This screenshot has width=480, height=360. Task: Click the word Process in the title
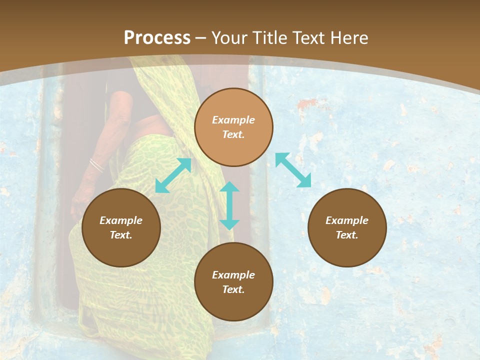[x=157, y=37]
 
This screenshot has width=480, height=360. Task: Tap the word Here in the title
[x=346, y=37]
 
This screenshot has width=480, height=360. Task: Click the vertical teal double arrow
[x=229, y=205]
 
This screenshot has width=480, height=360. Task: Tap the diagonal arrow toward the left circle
[x=173, y=175]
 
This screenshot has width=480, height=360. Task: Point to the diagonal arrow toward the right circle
[x=293, y=170]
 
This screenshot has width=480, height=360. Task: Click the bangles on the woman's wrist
[x=96, y=164]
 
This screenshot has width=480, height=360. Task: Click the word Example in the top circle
[x=233, y=120]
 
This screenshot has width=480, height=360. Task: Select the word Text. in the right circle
[x=347, y=235]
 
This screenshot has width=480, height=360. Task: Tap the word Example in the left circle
[x=121, y=220]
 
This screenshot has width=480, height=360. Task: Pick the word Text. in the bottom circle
[x=233, y=289]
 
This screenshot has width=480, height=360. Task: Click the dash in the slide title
[x=200, y=37]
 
